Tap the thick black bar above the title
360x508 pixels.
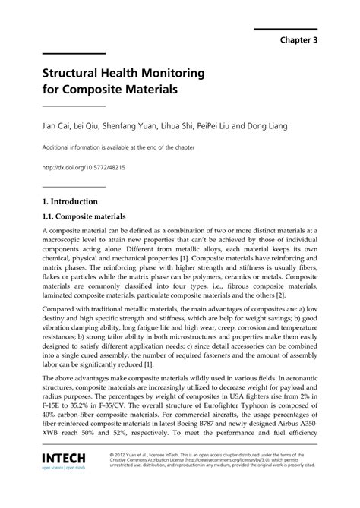tap(74, 54)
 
